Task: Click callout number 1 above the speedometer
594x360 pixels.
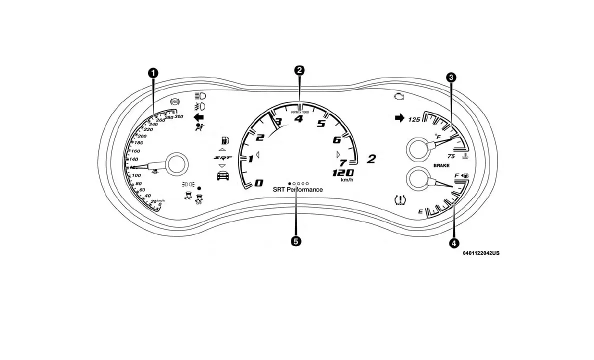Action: coord(153,73)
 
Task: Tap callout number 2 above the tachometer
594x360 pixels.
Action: coord(299,70)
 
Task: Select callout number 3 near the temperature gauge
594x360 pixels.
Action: coord(451,77)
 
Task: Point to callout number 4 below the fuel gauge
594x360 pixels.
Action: coord(453,243)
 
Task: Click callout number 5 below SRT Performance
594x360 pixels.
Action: coord(296,241)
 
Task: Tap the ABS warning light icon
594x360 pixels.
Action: coord(175,101)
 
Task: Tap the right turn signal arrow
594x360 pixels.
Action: coord(399,118)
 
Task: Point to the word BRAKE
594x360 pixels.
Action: coord(441,165)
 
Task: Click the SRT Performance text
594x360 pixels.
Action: coord(297,190)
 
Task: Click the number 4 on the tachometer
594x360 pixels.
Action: coord(299,119)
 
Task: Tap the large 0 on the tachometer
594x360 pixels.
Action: coord(259,183)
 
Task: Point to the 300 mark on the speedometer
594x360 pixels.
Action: coord(178,117)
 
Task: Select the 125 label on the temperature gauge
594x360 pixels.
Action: coord(414,119)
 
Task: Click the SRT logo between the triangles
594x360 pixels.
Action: coord(221,157)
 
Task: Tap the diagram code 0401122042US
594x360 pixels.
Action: coord(480,253)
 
